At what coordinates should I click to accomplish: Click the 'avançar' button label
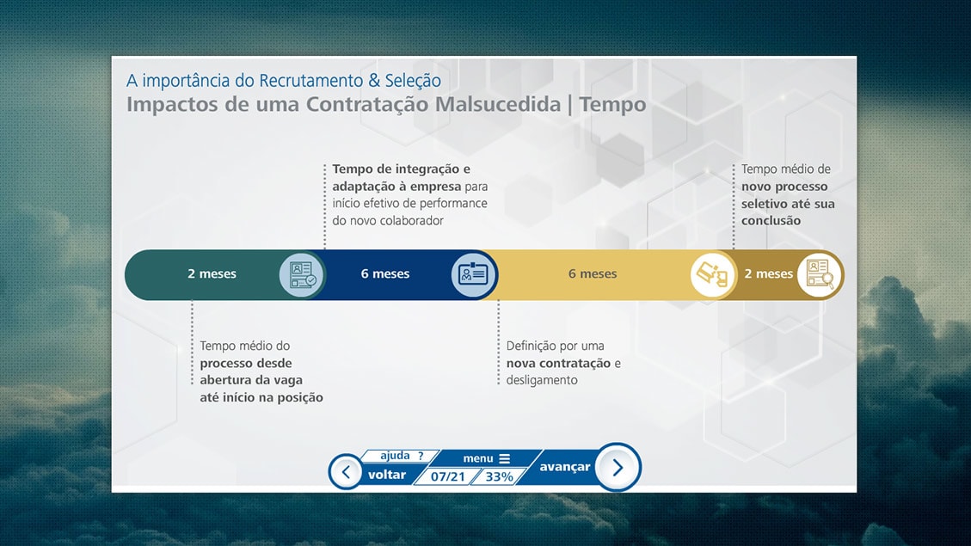click(x=564, y=467)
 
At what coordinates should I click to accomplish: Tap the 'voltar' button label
click(x=387, y=475)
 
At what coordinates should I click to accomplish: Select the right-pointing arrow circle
click(x=618, y=468)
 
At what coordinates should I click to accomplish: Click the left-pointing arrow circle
click(x=346, y=472)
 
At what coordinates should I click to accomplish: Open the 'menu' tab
click(x=487, y=458)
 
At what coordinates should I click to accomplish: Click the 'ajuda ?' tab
click(x=402, y=456)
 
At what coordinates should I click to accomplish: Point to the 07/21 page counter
click(x=448, y=476)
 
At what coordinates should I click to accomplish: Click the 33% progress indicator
click(x=499, y=476)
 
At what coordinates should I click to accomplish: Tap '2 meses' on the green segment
click(x=212, y=273)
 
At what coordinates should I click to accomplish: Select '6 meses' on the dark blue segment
click(x=385, y=273)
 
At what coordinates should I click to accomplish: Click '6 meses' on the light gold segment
click(x=593, y=273)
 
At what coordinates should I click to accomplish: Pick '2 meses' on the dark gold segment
click(x=769, y=273)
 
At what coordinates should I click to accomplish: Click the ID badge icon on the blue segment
click(x=474, y=274)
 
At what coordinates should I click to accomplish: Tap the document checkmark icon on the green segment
click(x=302, y=274)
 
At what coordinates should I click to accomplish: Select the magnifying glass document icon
click(x=820, y=274)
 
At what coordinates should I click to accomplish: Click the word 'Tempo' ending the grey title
click(x=612, y=104)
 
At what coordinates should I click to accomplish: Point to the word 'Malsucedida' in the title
click(x=498, y=104)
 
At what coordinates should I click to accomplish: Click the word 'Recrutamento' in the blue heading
click(x=310, y=81)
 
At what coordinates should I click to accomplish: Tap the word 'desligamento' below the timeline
click(x=542, y=380)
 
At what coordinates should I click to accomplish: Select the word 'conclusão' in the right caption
click(x=771, y=221)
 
